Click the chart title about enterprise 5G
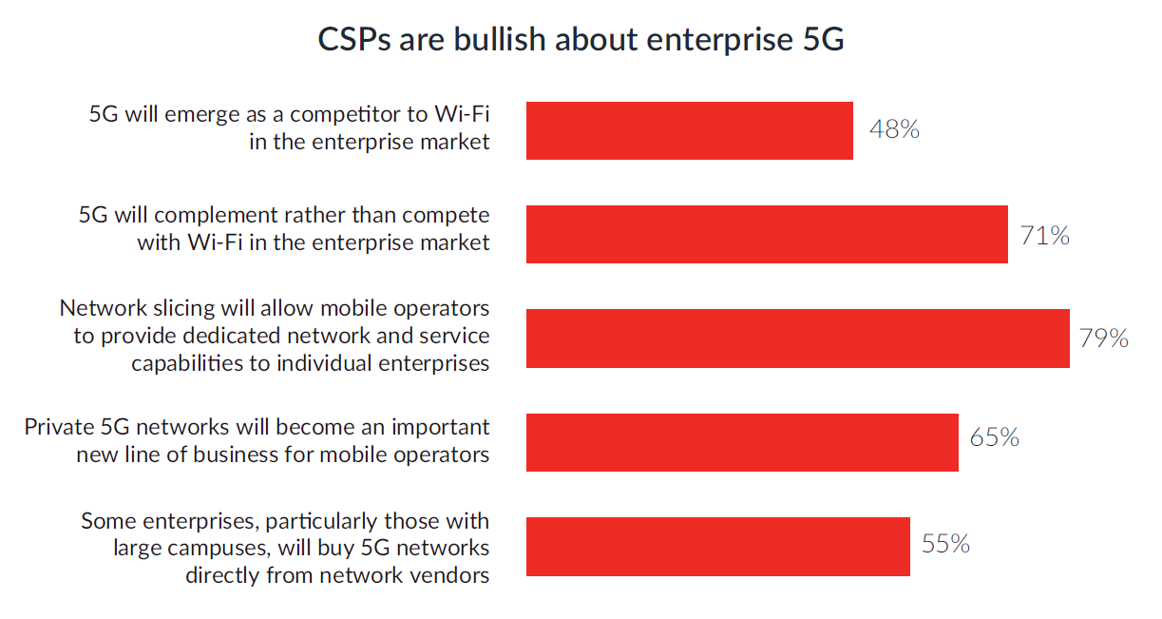click(x=581, y=41)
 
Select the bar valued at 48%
click(x=689, y=130)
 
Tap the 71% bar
click(x=766, y=234)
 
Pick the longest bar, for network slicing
click(x=797, y=338)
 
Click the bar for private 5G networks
click(x=741, y=441)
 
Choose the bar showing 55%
click(x=717, y=546)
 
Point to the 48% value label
click(x=894, y=129)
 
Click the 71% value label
click(x=1044, y=235)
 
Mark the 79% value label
click(x=1103, y=338)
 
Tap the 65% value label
click(x=994, y=437)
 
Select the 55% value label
click(x=945, y=544)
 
